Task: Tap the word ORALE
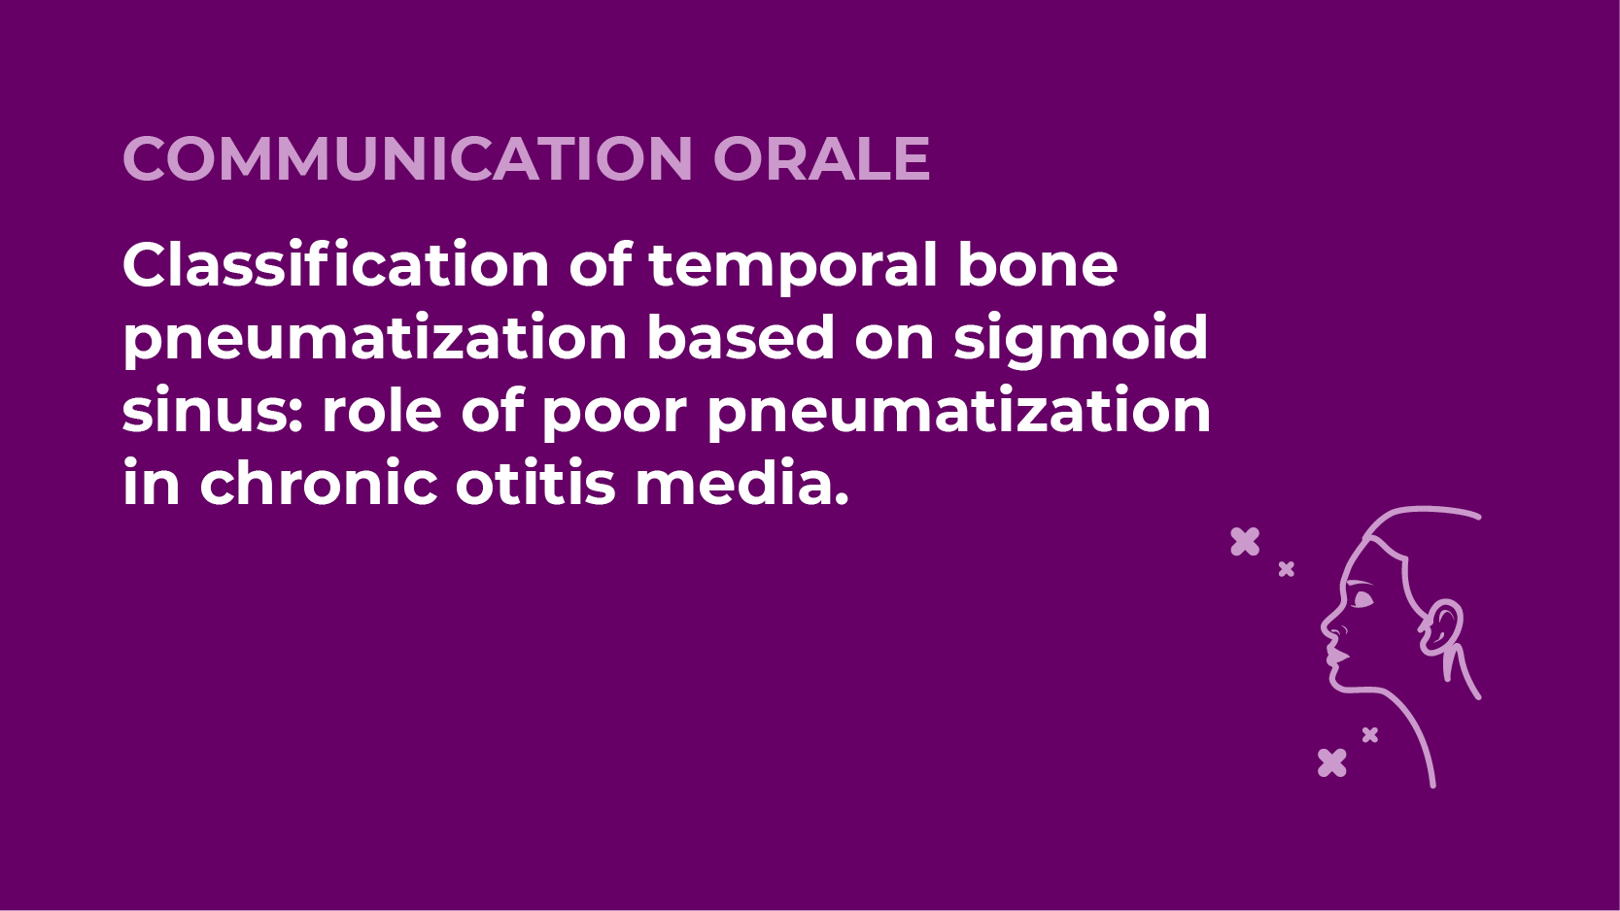click(821, 158)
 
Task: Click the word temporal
click(793, 269)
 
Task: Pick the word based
click(741, 337)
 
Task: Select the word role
click(382, 409)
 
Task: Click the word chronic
click(319, 482)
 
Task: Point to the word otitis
click(535, 482)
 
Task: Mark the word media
click(741, 482)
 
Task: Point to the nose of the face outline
click(1327, 625)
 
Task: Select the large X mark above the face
click(1245, 542)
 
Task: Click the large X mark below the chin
click(1332, 762)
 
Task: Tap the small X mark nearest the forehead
click(1286, 569)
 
